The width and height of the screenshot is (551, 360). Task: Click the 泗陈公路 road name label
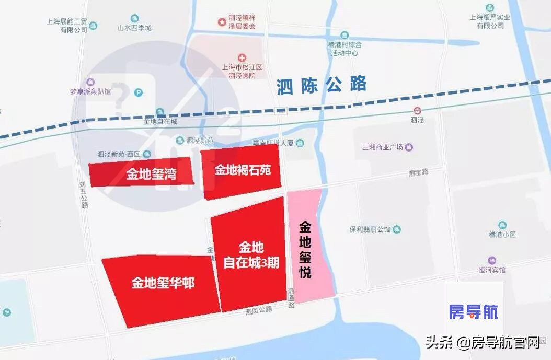pyautogui.click(x=322, y=85)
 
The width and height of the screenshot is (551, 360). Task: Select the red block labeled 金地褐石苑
pyautogui.click(x=242, y=170)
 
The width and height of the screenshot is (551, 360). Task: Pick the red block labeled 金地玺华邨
pyautogui.click(x=163, y=284)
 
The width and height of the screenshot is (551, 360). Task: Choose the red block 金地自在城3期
pyautogui.click(x=250, y=255)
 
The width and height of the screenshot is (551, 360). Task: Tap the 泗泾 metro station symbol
pyautogui.click(x=417, y=110)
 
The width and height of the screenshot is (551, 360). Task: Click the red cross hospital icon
pyautogui.click(x=242, y=57)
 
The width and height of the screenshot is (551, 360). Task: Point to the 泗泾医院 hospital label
pyautogui.click(x=242, y=72)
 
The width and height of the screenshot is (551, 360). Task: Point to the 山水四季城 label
pyautogui.click(x=134, y=28)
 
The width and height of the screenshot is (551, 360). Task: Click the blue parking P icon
pyautogui.click(x=139, y=93)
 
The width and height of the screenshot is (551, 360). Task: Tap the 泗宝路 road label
pyautogui.click(x=418, y=172)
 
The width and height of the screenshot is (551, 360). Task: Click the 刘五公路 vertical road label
pyautogui.click(x=84, y=195)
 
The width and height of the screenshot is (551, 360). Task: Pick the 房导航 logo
pyautogui.click(x=474, y=312)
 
